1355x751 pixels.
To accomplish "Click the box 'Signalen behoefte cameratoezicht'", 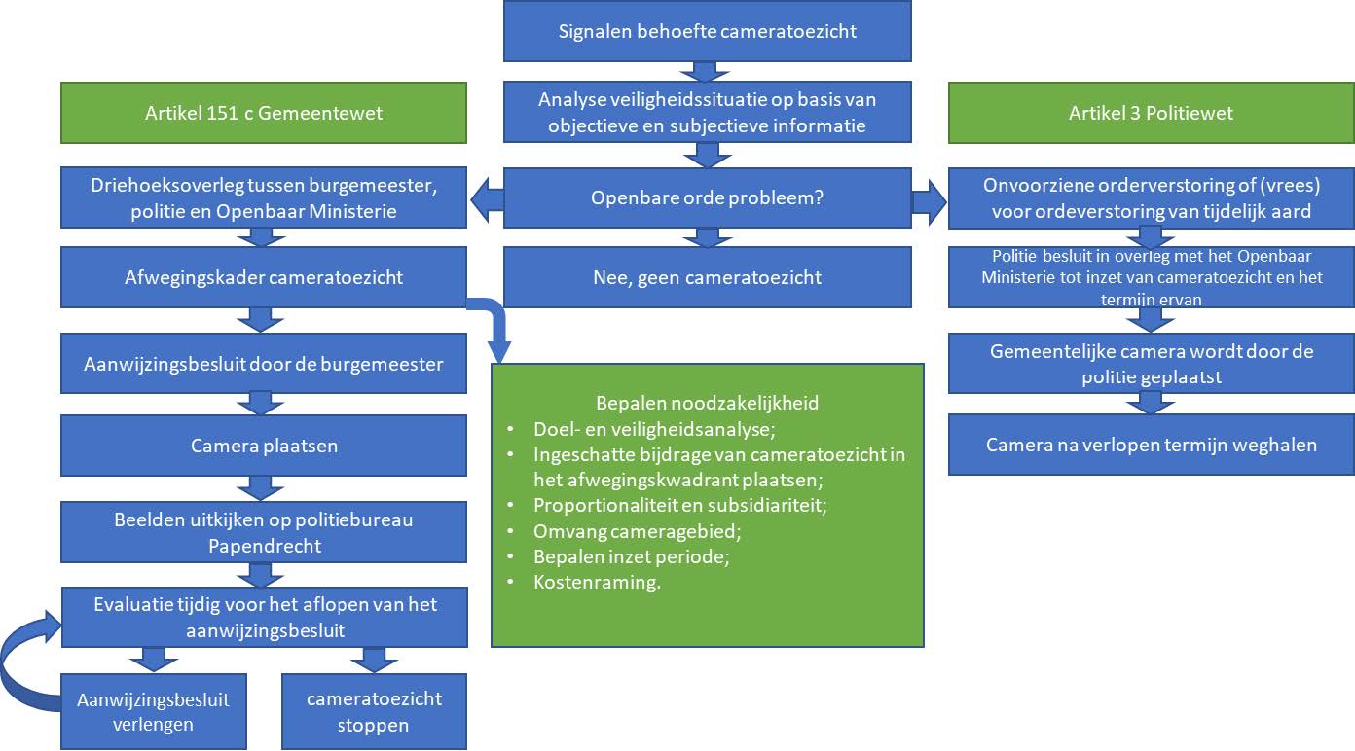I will click(x=708, y=31).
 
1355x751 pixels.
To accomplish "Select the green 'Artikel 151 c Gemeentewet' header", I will click(x=264, y=113).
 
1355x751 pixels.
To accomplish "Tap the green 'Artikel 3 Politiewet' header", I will click(x=1151, y=113).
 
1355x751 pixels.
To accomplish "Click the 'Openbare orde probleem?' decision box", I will click(x=708, y=197).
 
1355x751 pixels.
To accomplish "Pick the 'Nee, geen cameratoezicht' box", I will click(x=708, y=277).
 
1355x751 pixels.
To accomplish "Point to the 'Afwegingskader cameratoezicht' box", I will click(x=264, y=277).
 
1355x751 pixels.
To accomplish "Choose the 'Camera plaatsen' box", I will click(x=264, y=447).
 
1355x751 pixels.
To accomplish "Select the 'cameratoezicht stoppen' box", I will click(x=374, y=711).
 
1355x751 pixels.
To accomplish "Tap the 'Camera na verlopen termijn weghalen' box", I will click(x=1151, y=445).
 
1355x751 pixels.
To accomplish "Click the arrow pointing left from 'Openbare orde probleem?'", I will click(x=486, y=198).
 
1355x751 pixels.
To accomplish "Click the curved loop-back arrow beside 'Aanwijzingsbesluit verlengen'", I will click(x=24, y=662).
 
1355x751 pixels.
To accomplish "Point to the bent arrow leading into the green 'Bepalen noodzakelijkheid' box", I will click(x=496, y=331).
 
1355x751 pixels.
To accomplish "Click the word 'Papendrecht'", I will click(x=264, y=546).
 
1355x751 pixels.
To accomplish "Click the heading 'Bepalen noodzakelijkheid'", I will click(x=708, y=403).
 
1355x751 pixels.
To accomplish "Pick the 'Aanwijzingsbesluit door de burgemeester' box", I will click(x=264, y=364).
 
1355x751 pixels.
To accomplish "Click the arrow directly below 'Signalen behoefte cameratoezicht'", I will click(x=708, y=71).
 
